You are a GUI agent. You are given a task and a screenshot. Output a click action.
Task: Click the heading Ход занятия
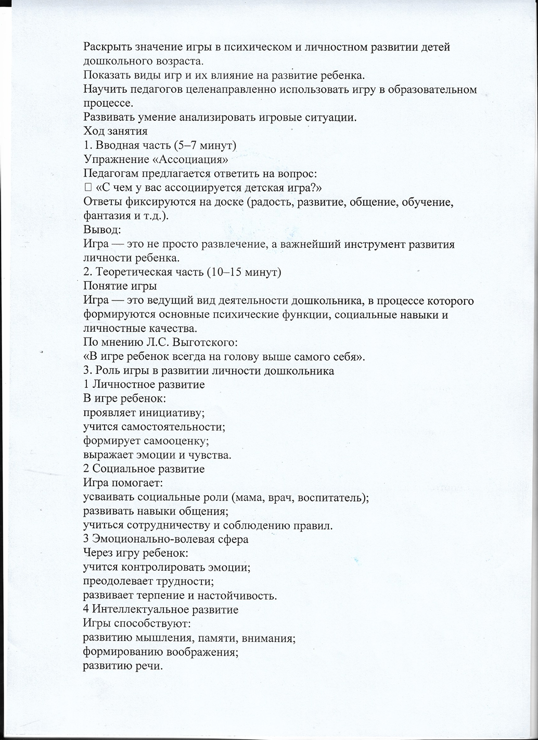[x=116, y=131]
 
